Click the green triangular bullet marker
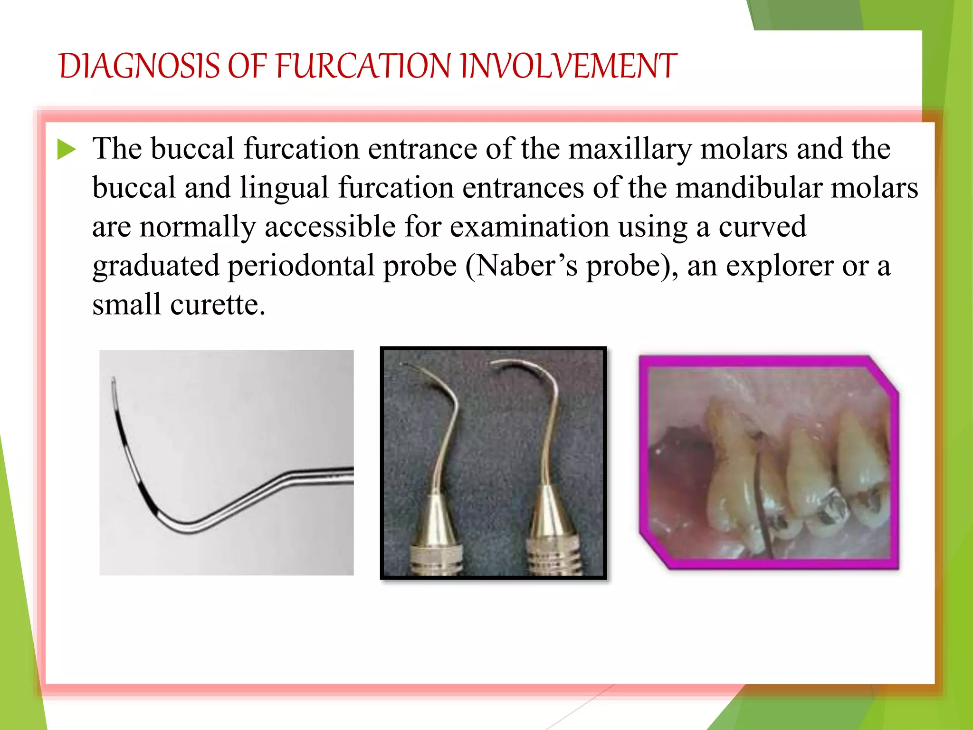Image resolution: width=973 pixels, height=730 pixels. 67,150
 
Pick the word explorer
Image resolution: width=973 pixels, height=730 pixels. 779,266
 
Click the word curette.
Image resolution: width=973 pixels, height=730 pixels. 217,305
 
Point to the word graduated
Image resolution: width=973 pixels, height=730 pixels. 156,266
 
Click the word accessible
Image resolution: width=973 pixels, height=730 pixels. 330,227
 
